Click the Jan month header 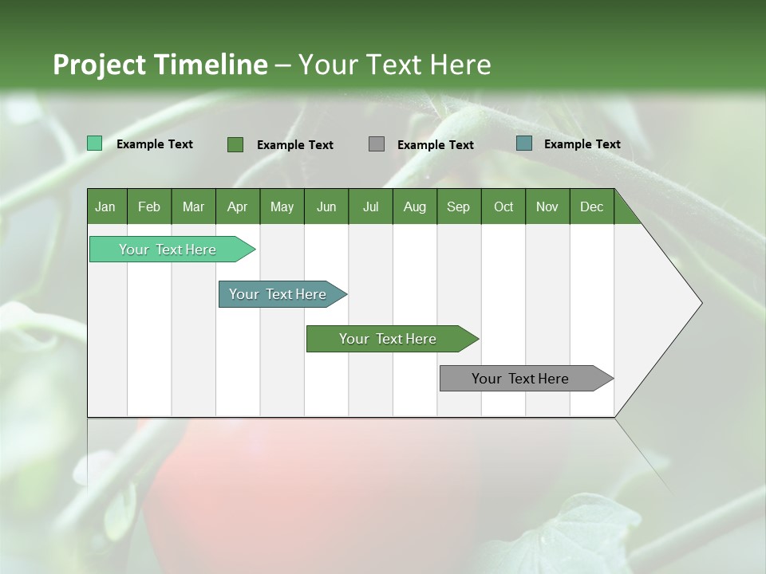(x=106, y=206)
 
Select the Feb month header (x=149, y=206)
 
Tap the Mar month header (x=193, y=206)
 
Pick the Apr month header (x=238, y=206)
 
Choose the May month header (x=282, y=206)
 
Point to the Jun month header (x=326, y=206)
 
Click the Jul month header (x=370, y=206)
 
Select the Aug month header (x=415, y=206)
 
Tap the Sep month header (x=459, y=206)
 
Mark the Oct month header (x=503, y=206)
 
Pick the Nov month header (x=547, y=206)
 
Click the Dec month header (x=592, y=206)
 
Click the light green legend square (x=95, y=143)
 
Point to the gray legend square (x=377, y=144)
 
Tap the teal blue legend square (x=524, y=143)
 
